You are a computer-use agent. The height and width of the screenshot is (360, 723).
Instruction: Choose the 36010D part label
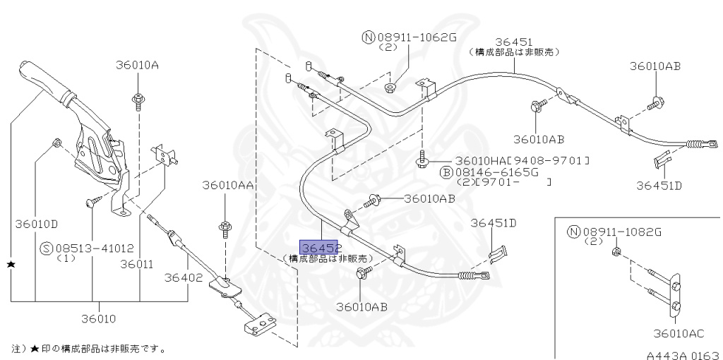pyautogui.click(x=36, y=224)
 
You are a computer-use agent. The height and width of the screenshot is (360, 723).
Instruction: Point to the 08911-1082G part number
pyautogui.click(x=621, y=232)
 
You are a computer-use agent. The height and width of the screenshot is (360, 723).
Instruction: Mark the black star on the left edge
pyautogui.click(x=11, y=263)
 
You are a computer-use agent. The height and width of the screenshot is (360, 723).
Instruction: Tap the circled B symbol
pyautogui.click(x=446, y=172)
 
